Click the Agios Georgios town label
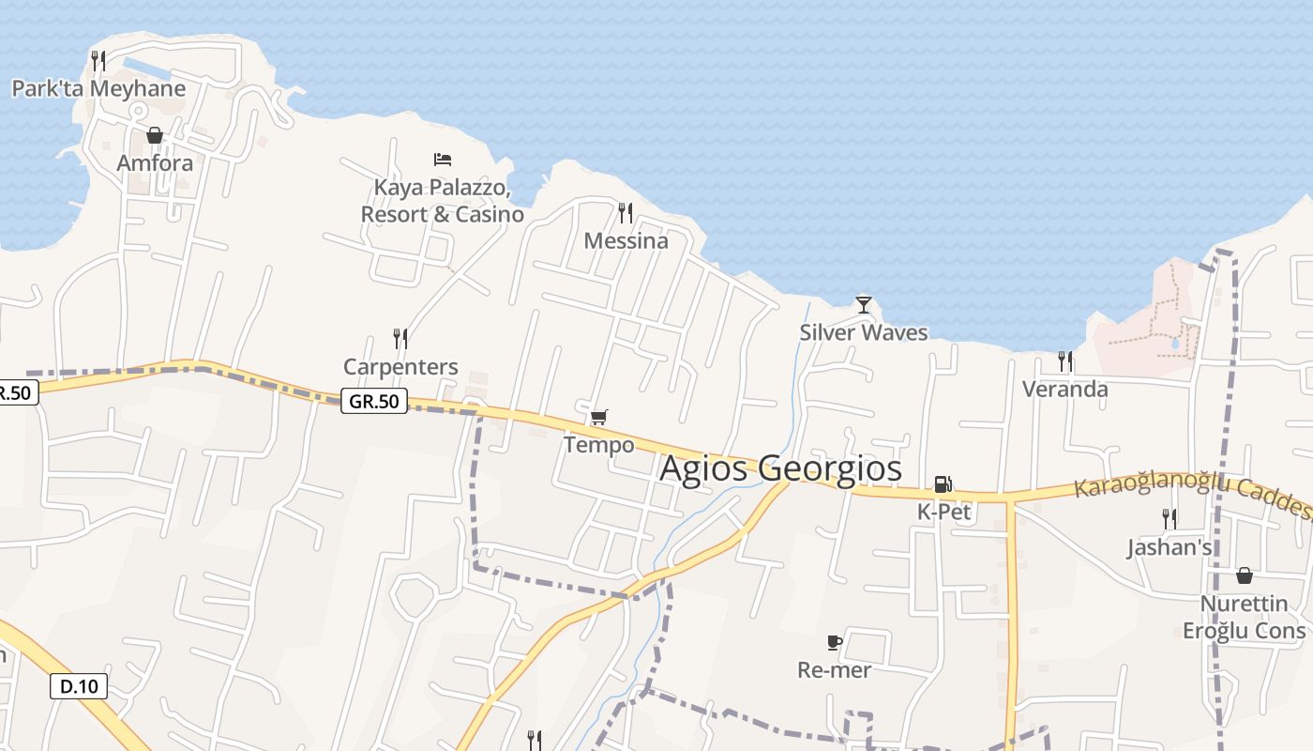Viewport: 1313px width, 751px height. pos(780,468)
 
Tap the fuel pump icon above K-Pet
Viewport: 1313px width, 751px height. pos(943,484)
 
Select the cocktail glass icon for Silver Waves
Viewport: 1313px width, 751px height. pos(864,305)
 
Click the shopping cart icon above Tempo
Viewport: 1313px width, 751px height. pos(598,417)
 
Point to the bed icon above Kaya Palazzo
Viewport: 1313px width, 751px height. pos(443,160)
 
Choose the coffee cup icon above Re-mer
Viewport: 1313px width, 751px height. pos(834,643)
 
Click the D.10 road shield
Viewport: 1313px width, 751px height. pos(79,686)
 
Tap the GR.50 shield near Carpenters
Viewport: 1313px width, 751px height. pos(373,402)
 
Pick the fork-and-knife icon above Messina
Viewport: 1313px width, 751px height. pos(626,213)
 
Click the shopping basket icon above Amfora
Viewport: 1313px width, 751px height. pos(155,136)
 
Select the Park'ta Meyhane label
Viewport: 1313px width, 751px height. pos(98,89)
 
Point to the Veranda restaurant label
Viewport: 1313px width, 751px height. pos(1064,389)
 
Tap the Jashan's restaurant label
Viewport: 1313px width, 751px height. pos(1170,547)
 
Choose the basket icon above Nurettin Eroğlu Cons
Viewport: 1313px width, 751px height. pos(1245,575)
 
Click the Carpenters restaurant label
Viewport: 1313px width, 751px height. pos(400,366)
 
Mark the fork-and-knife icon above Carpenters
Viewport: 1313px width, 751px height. pos(400,338)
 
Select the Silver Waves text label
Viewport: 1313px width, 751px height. pos(864,332)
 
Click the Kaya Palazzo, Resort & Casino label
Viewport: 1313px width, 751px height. pos(443,201)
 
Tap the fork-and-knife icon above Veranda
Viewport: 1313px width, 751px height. pos(1064,360)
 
